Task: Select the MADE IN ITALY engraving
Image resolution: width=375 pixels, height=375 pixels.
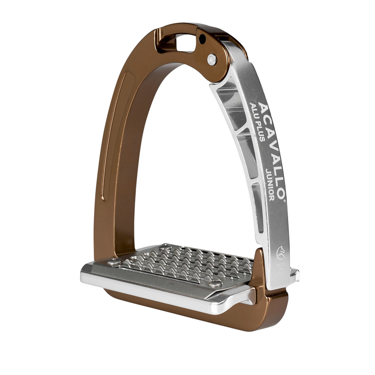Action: pyautogui.click(x=281, y=268)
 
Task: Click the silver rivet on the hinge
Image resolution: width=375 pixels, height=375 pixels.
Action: pyautogui.click(x=211, y=59)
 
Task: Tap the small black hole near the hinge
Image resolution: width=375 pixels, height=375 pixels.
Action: pyautogui.click(x=202, y=40)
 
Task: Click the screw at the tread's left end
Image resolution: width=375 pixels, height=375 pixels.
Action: pyautogui.click(x=114, y=262)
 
